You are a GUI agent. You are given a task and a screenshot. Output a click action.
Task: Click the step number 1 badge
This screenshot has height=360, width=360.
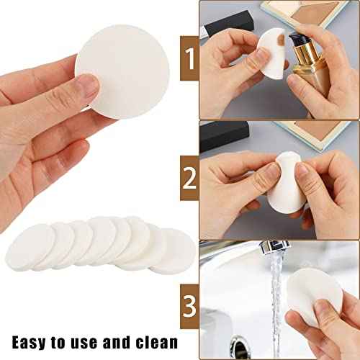(x=190, y=60)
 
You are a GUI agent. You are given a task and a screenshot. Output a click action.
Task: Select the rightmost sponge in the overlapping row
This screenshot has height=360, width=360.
(x=173, y=249)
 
